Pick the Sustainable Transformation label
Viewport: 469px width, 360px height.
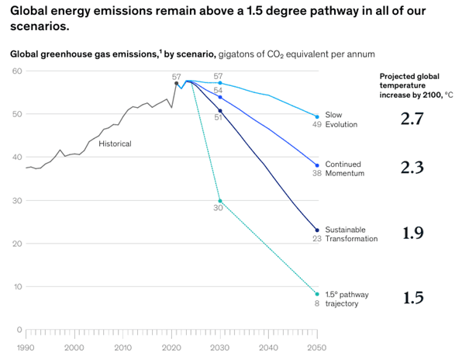pyautogui.click(x=351, y=234)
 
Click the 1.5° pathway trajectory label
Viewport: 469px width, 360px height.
pyautogui.click(x=345, y=298)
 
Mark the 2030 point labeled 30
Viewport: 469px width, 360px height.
pyautogui.click(x=220, y=201)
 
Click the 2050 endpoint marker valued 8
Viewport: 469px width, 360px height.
pyautogui.click(x=317, y=294)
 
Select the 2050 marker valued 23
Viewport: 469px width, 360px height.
pyautogui.click(x=317, y=230)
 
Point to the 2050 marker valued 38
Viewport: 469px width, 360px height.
pyautogui.click(x=317, y=165)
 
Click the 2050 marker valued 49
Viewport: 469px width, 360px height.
pyautogui.click(x=317, y=116)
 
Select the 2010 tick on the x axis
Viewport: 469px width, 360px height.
pyautogui.click(x=124, y=348)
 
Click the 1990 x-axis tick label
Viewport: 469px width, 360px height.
pyautogui.click(x=26, y=348)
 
